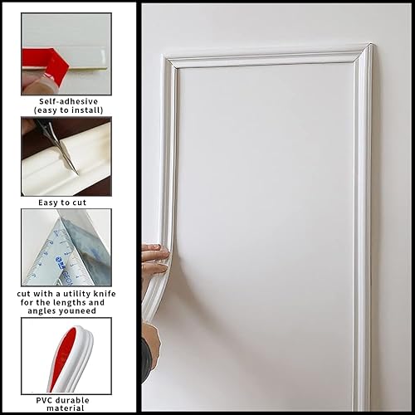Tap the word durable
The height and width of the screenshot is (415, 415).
[x=75, y=399]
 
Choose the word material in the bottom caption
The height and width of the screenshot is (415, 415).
[x=66, y=408]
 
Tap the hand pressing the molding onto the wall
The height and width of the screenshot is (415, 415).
[x=154, y=259]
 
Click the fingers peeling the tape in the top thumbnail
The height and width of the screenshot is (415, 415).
[x=33, y=80]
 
